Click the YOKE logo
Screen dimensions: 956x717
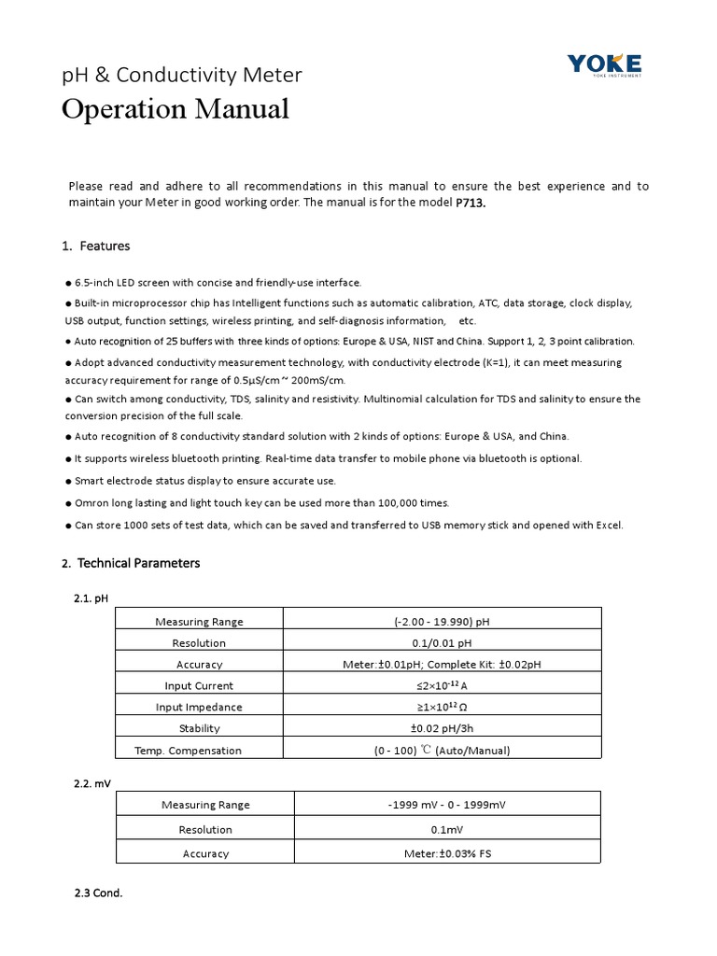tap(604, 64)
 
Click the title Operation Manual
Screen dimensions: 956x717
tap(176, 109)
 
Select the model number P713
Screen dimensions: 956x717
tap(471, 204)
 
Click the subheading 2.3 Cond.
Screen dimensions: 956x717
tap(98, 893)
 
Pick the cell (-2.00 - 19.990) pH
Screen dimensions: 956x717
tap(442, 621)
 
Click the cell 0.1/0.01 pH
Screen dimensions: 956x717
tap(442, 642)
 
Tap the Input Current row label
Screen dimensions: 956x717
tap(199, 685)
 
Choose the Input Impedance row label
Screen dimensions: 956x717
tap(199, 707)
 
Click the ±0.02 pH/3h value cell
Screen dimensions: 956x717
tap(442, 728)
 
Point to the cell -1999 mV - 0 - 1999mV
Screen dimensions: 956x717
tap(446, 805)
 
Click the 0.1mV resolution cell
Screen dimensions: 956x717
tap(446, 829)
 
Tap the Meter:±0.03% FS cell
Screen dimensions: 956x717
tap(446, 853)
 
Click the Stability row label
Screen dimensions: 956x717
tap(199, 728)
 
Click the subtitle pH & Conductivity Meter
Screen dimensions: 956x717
tap(182, 75)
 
